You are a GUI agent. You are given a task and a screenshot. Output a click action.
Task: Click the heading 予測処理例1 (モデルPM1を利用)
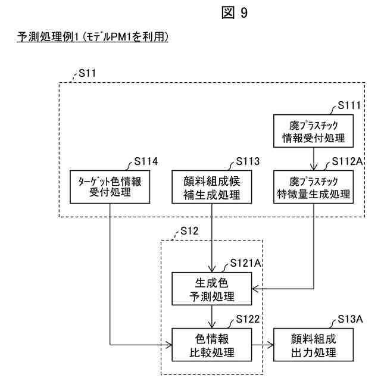tap(90, 38)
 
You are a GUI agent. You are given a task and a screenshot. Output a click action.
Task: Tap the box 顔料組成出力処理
tap(314, 345)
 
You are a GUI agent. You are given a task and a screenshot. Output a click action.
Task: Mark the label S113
tap(248, 161)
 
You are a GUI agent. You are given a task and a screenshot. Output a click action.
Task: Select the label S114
tap(146, 161)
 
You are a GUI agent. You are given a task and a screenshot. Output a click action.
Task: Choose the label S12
tap(189, 231)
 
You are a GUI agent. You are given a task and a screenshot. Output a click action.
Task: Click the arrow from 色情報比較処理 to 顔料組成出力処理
tap(263, 345)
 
